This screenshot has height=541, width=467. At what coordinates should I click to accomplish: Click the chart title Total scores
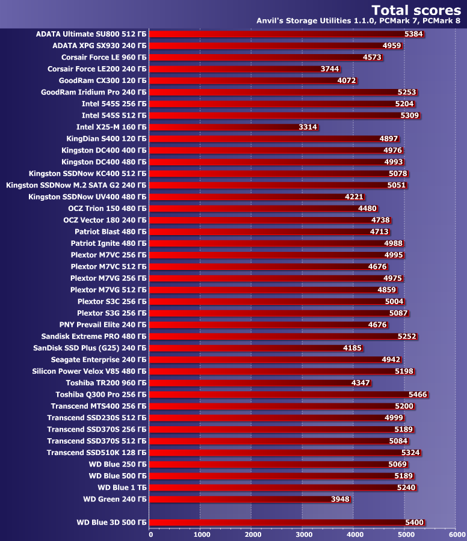click(416, 10)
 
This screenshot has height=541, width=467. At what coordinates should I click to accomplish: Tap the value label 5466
click(418, 394)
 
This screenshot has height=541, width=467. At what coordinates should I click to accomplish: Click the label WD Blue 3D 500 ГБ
click(111, 522)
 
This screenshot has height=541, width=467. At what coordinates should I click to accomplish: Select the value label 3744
click(330, 69)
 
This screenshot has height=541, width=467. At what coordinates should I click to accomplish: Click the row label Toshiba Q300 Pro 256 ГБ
click(101, 394)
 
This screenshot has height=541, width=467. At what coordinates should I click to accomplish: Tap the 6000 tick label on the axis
click(456, 534)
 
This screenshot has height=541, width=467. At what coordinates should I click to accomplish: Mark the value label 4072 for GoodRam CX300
click(347, 81)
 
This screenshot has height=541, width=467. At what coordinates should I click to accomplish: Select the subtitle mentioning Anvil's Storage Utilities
click(359, 22)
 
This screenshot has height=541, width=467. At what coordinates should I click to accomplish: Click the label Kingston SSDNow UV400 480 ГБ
click(87, 197)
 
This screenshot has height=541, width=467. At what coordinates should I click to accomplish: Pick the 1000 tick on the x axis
click(202, 534)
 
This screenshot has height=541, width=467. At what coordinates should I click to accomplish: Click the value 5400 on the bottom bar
click(415, 522)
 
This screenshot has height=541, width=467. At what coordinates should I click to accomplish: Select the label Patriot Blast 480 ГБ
click(110, 231)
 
